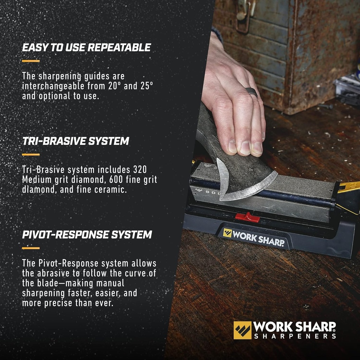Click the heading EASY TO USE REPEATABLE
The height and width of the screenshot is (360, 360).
tap(86, 48)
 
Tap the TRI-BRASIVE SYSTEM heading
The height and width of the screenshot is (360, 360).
tap(75, 141)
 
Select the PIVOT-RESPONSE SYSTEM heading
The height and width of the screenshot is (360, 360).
tap(87, 235)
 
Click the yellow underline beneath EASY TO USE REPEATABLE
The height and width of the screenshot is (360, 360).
tap(31, 61)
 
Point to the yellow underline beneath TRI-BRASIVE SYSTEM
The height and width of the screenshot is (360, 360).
tap(31, 155)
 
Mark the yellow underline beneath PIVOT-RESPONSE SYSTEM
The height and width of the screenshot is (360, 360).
tap(31, 248)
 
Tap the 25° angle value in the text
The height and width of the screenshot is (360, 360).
tap(145, 86)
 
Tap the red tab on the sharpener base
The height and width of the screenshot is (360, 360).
tap(247, 217)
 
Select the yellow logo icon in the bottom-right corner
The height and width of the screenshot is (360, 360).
tap(243, 330)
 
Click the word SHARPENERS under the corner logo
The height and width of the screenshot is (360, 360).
tap(295, 336)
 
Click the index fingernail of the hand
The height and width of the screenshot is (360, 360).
tap(233, 147)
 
